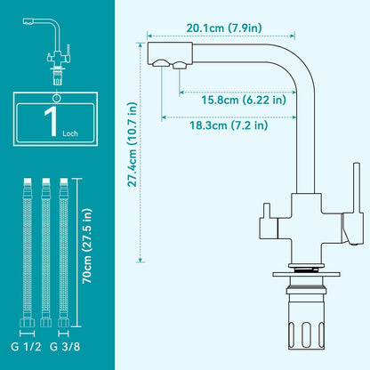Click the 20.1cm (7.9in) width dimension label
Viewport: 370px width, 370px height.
[224, 28]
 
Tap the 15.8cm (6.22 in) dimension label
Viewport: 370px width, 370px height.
[244, 100]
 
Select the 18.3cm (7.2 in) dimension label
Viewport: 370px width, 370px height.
[229, 125]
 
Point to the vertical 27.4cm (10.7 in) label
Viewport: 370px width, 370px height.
[133, 144]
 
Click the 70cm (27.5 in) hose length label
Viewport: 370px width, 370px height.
[87, 246]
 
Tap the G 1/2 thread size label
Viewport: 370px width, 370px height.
[26, 347]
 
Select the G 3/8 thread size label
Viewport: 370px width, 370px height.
[65, 347]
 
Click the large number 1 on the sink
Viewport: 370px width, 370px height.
[52, 121]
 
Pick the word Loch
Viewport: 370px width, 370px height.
[70, 133]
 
